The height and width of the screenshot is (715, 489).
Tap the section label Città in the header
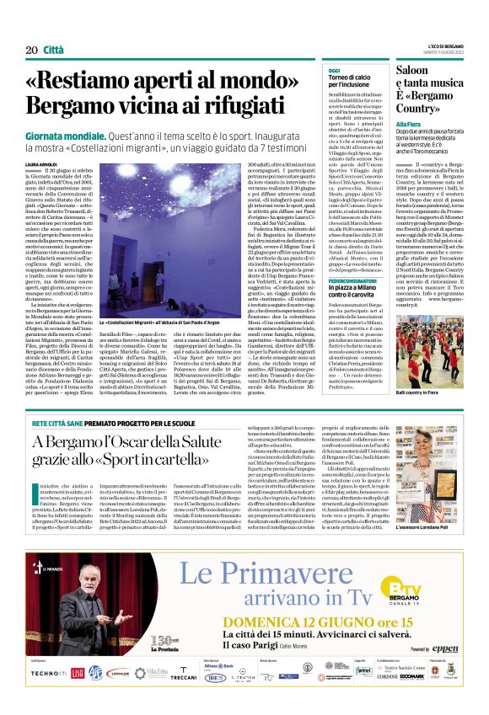tap(53, 51)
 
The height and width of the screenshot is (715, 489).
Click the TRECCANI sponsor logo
tap(183, 676)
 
